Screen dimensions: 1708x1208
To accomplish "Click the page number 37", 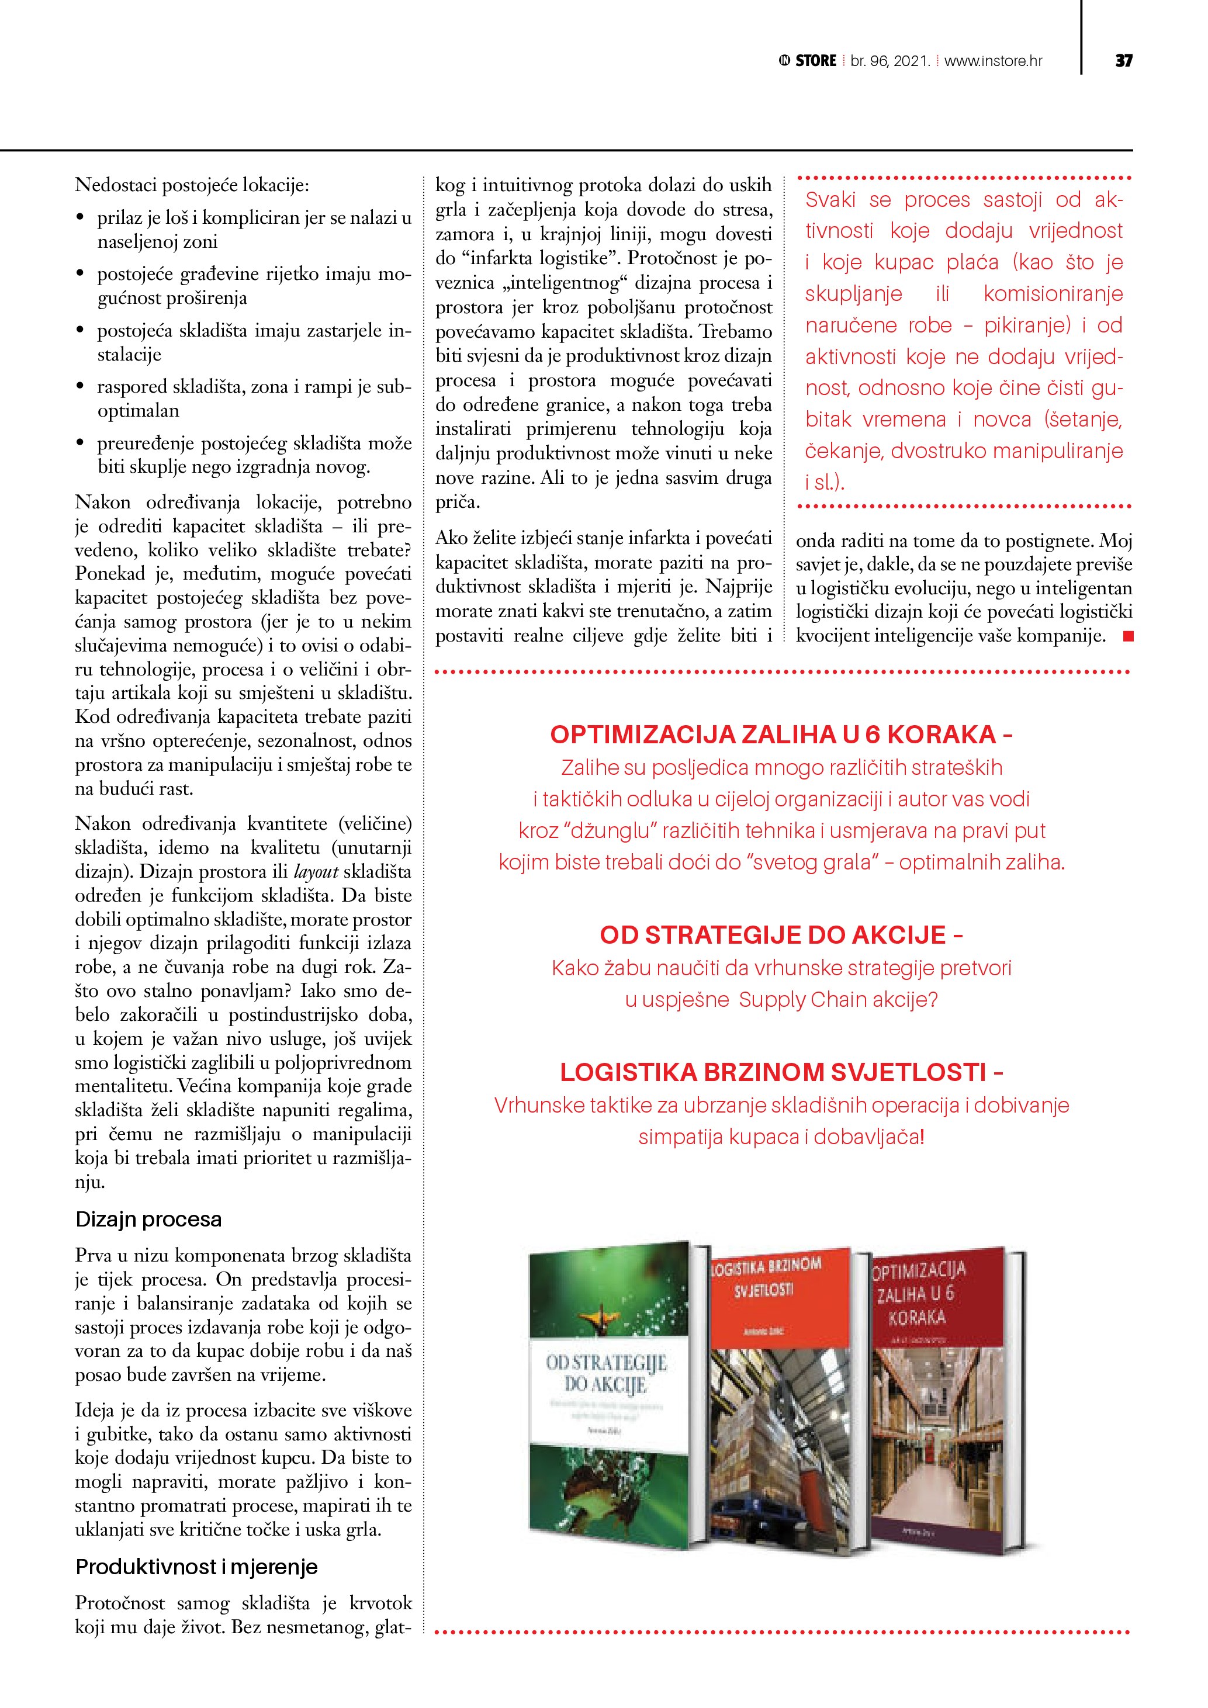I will click(x=1123, y=61).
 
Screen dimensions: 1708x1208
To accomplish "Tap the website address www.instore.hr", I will click(x=993, y=61).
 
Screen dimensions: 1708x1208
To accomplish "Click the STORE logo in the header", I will click(x=808, y=61).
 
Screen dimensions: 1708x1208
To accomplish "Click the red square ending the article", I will click(x=1128, y=636).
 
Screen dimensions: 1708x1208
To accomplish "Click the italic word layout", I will click(x=316, y=872).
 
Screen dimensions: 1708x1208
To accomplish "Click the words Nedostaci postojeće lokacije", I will click(x=192, y=185).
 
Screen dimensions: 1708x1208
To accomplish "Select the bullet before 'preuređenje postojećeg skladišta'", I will click(x=80, y=444).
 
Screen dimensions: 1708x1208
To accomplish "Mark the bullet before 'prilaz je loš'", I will click(x=80, y=218).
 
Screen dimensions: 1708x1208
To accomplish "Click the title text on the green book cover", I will click(x=605, y=1373).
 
